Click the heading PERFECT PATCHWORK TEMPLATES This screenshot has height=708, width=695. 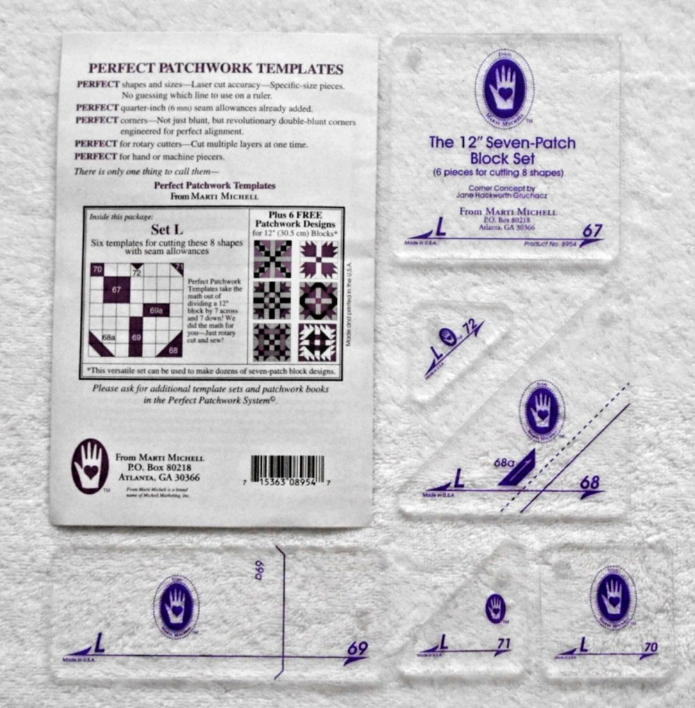(x=215, y=69)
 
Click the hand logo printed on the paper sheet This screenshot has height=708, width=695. (x=90, y=465)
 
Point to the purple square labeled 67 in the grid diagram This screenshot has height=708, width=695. (x=117, y=290)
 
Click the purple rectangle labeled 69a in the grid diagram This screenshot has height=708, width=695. (x=156, y=309)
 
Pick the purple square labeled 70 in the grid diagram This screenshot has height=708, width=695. (x=97, y=270)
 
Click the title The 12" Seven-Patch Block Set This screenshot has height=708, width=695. (x=502, y=150)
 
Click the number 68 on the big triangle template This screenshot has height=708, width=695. (x=589, y=483)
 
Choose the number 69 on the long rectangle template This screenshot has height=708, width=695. (x=357, y=648)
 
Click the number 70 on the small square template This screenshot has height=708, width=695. (x=651, y=646)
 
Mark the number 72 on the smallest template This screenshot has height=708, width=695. (x=468, y=326)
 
